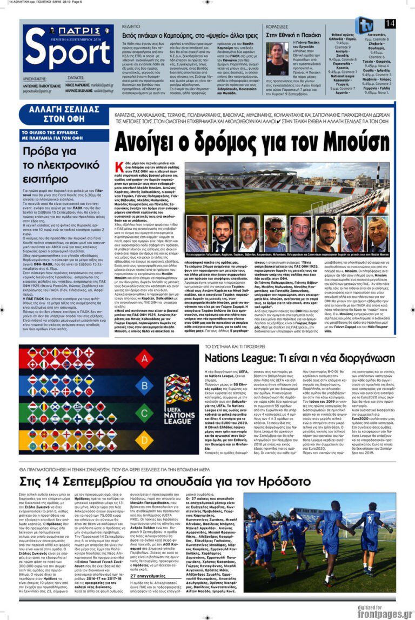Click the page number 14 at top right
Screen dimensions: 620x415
[x=390, y=23]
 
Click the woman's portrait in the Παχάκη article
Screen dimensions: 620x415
[x=277, y=59]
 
